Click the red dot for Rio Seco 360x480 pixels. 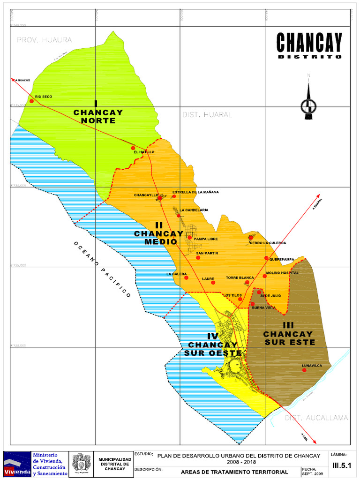pos(31,101)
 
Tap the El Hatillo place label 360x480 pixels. pos(143,152)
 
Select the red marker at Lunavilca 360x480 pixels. pos(304,370)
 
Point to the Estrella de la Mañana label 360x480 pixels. pos(195,192)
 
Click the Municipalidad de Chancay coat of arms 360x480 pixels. pos(81,464)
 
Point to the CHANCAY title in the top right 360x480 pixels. pos(309,43)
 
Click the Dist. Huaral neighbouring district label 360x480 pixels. pos(207,115)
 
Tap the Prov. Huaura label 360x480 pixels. pos(45,40)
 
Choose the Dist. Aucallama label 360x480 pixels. pos(316,418)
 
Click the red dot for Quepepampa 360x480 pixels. pos(266,258)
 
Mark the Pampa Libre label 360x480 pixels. pos(206,239)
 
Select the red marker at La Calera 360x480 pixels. pos(186,277)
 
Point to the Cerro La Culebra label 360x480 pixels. pos(268,243)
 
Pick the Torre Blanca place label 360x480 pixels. pos(240,278)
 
